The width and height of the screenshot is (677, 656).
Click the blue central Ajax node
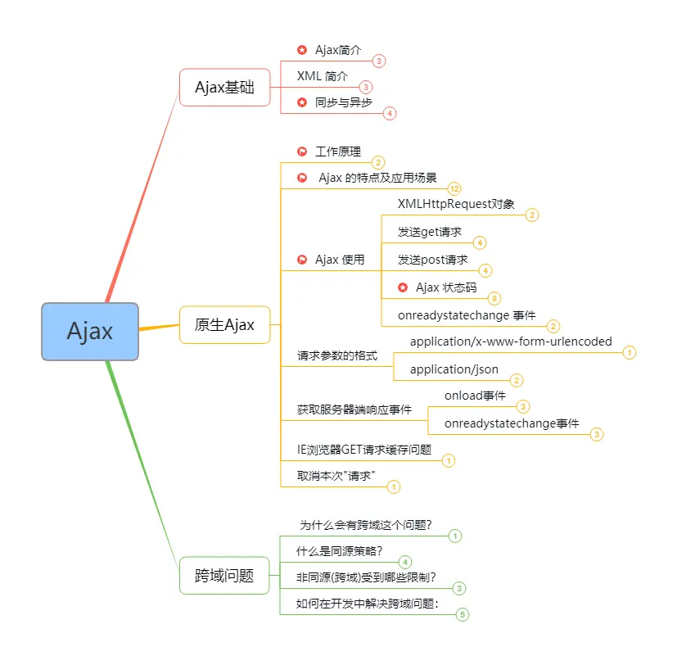coord(90,332)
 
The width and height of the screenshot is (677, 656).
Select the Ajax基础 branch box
coord(224,88)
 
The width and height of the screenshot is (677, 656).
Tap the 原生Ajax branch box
coord(224,325)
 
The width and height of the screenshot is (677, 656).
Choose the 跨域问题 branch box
coord(224,576)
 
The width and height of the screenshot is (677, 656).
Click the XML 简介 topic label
coord(322,76)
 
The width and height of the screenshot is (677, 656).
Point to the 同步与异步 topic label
coord(343,102)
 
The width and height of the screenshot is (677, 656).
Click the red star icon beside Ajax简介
coord(302,50)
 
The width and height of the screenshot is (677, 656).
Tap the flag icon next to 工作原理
coord(302,152)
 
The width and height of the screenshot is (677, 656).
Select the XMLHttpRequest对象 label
coord(456,204)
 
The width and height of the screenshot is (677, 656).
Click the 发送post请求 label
coord(433,260)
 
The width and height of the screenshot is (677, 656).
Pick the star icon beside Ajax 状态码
coord(403,287)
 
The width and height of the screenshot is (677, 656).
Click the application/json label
coord(454,369)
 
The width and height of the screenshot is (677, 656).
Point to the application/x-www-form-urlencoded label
coord(511,342)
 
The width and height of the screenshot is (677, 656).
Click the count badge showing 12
coord(454,188)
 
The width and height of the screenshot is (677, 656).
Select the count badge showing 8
coord(494,298)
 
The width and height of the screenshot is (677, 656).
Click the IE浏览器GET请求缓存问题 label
coord(363,450)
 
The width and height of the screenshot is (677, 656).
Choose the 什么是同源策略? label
coord(340,551)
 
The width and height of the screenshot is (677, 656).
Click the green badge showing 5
coord(463,614)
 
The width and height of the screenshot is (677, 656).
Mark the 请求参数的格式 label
coord(336,356)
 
